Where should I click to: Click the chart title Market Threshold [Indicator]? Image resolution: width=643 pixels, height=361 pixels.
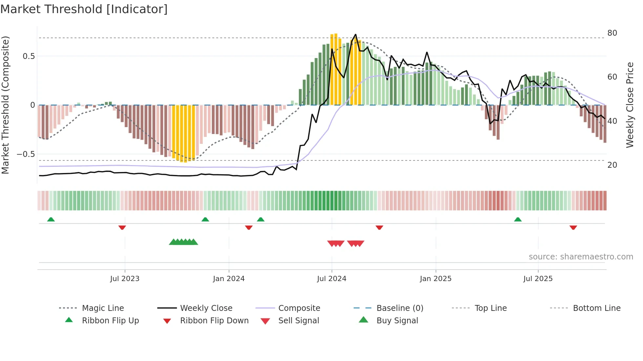[x=84, y=9]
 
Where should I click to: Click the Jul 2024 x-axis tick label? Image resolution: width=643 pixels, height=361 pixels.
[x=331, y=278]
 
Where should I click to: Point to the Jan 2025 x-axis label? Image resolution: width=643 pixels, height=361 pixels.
[x=435, y=278]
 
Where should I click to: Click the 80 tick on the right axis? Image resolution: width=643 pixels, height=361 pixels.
[x=612, y=33]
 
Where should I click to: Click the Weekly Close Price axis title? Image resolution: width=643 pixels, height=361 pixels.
[x=630, y=105]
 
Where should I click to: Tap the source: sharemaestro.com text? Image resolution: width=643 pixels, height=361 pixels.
[x=581, y=256]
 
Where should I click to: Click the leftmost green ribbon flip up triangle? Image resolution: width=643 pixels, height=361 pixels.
[x=51, y=219]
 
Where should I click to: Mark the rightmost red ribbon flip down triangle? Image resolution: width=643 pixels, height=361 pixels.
[x=573, y=227]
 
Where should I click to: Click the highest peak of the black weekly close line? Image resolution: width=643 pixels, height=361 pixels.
[x=356, y=34]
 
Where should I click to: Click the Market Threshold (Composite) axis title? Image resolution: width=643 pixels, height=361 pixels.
[x=5, y=105]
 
